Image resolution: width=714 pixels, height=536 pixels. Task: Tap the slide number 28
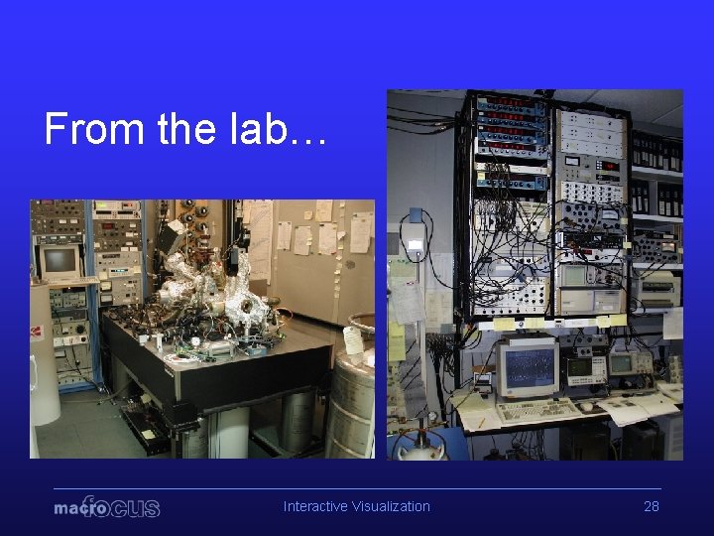(652, 506)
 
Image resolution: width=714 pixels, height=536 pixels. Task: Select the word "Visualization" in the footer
(389, 506)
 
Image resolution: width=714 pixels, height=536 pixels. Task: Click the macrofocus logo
(107, 507)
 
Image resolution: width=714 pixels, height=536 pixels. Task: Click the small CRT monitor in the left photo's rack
(60, 261)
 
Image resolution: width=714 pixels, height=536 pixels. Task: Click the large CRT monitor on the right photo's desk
(527, 367)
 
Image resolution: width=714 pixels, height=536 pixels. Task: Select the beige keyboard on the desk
(535, 410)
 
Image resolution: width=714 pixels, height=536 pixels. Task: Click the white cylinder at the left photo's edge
(44, 357)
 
